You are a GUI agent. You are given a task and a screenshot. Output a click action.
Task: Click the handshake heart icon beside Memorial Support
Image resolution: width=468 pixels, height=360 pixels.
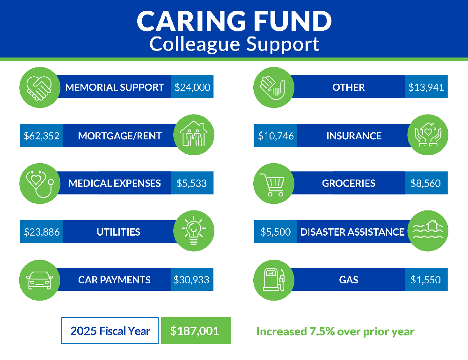(39, 87)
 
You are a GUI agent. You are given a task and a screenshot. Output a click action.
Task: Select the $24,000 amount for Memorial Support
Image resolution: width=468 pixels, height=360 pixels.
(192, 87)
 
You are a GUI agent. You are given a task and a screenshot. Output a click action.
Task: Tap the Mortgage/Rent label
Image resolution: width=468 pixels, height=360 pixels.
(120, 136)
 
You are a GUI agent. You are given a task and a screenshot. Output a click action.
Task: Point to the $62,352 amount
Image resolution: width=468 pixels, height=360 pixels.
(42, 136)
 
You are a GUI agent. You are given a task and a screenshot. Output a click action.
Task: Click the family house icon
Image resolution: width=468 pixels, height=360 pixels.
(193, 135)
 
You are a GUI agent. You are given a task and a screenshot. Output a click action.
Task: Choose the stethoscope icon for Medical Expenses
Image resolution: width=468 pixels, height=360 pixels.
(39, 183)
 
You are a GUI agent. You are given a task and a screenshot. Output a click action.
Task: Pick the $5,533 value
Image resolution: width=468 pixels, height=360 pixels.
(191, 183)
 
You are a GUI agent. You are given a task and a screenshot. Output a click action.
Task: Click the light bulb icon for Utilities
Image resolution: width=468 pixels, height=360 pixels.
(193, 231)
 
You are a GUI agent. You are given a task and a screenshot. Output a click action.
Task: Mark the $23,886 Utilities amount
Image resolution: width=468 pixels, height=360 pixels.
(42, 232)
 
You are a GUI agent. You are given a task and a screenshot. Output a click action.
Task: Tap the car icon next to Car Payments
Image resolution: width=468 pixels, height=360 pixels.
(39, 280)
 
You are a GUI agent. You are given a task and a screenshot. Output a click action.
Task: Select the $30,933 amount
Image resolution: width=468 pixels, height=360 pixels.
(191, 280)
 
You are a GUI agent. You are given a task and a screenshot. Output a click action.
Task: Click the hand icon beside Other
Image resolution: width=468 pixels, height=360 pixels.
(273, 87)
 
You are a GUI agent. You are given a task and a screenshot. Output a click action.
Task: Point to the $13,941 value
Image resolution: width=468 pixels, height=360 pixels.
(426, 87)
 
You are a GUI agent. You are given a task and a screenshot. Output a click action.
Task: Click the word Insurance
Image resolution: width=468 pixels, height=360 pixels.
(354, 136)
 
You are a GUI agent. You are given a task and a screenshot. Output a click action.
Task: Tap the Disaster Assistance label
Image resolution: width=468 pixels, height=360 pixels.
(352, 232)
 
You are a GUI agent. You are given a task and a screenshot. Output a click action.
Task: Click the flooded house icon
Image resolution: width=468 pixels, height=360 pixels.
(428, 230)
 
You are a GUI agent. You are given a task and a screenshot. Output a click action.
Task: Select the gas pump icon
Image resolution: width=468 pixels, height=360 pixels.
(273, 280)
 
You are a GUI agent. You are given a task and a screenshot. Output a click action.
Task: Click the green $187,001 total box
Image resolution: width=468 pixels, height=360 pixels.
(195, 331)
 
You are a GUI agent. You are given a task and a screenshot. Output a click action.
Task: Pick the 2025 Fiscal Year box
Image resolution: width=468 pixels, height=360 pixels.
(110, 331)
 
